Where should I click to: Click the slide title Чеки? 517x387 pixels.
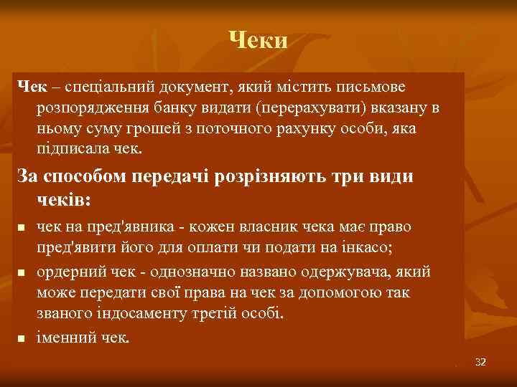point(258,40)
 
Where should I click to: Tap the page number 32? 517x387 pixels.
point(480,362)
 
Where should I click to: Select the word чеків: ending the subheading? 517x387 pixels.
point(67,198)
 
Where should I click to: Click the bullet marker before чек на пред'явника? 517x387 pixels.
point(22,228)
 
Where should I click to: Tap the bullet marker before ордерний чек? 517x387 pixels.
point(22,273)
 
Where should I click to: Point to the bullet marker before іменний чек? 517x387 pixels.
point(22,338)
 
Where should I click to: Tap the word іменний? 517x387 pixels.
point(66,338)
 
